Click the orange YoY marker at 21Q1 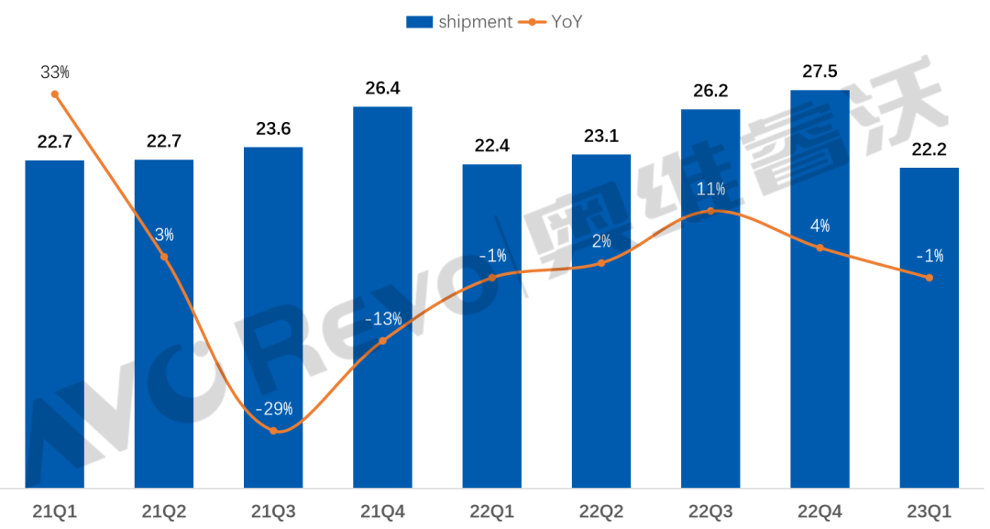tap(55, 94)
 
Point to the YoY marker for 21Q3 tap(273, 430)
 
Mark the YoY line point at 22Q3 tap(710, 211)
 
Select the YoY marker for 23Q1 tap(929, 278)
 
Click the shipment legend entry tap(459, 22)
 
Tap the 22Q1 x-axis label tap(492, 511)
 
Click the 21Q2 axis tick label tap(164, 511)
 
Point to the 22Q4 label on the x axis tap(819, 511)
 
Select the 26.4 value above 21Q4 tap(382, 89)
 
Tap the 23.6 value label tap(273, 129)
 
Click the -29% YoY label tap(273, 407)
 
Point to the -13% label tap(382, 319)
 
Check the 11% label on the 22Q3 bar tap(710, 189)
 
